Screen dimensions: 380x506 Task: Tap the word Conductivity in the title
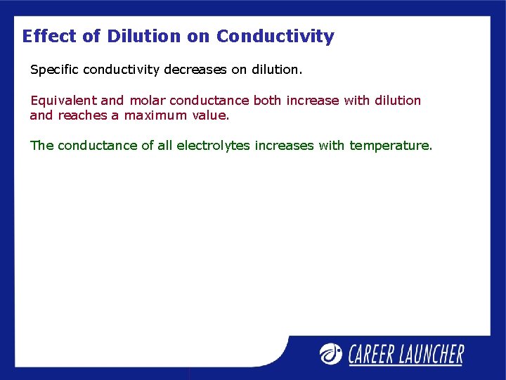[x=275, y=36]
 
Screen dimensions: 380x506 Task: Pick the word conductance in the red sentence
[x=209, y=101]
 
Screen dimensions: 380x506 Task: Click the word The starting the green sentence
[x=41, y=146]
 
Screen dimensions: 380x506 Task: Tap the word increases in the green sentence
[x=285, y=146]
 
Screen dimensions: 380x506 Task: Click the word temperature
[x=390, y=146]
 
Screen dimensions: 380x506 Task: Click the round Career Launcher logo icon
[x=331, y=353]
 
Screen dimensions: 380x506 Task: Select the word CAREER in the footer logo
[x=375, y=354]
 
